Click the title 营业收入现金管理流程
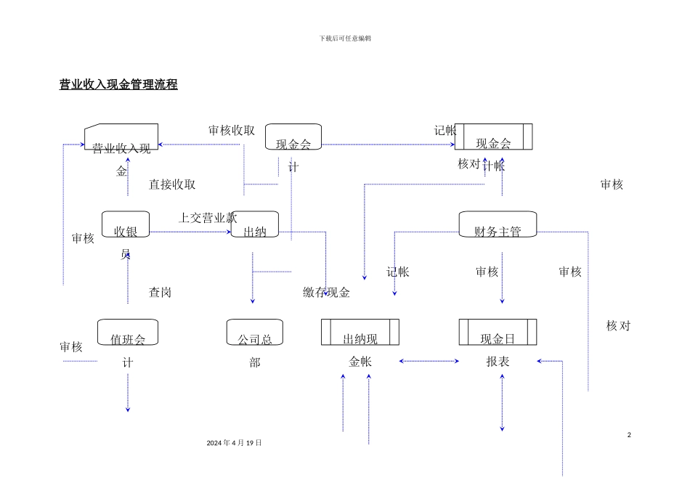(x=118, y=85)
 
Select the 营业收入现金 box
(x=121, y=137)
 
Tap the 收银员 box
(x=126, y=224)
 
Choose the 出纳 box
(x=254, y=224)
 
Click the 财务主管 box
(x=498, y=224)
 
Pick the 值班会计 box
(x=127, y=332)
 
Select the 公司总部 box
(x=254, y=332)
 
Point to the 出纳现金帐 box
(x=360, y=332)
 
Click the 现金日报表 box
(x=498, y=332)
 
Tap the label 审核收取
(x=232, y=131)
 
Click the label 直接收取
(x=172, y=184)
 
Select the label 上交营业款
(x=208, y=217)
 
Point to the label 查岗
(x=160, y=293)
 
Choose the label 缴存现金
(x=327, y=293)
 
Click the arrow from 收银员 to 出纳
(x=189, y=232)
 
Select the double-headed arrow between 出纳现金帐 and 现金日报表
(x=429, y=361)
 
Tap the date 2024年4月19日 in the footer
(x=234, y=443)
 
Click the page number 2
(x=629, y=435)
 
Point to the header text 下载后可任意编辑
(x=345, y=38)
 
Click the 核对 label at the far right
(x=618, y=326)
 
